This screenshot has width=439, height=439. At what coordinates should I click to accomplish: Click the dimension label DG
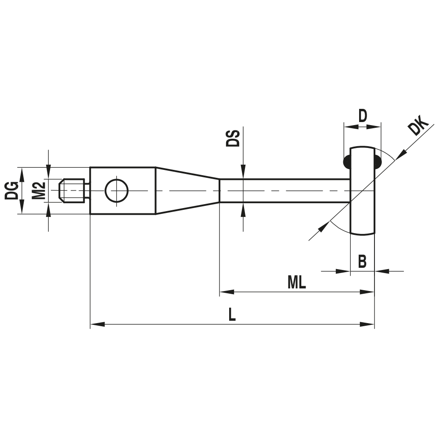coord(12,191)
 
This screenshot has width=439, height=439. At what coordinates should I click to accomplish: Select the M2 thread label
coord(39,191)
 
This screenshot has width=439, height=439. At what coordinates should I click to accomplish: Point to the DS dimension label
coord(234,138)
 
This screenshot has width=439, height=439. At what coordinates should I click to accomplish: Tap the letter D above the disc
coord(362,116)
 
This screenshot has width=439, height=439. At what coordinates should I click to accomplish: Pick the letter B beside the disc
coord(362,262)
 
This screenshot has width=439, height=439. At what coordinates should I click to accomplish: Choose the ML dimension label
coord(297,283)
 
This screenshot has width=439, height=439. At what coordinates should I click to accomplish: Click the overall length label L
coord(232,315)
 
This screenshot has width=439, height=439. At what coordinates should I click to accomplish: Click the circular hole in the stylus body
coord(117,191)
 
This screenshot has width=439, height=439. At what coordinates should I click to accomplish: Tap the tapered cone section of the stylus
coord(187,191)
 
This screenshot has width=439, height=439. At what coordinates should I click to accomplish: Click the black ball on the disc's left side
coord(346,161)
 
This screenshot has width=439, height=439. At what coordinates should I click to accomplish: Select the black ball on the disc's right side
coord(378,161)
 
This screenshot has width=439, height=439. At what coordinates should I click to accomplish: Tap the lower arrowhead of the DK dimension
coord(324,227)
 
